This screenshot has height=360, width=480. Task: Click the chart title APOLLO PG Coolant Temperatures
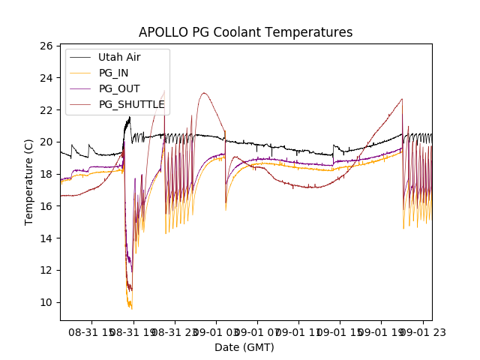click(245, 33)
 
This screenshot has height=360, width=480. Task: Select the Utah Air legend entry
click(119, 57)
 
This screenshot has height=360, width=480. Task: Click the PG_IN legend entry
click(114, 73)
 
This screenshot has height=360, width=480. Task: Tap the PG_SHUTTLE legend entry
click(131, 104)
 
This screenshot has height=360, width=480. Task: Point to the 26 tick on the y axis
click(46, 46)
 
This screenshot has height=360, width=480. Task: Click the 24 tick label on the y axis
click(46, 78)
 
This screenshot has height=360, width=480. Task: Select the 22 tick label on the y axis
click(46, 110)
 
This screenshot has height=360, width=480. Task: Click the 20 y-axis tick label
click(46, 142)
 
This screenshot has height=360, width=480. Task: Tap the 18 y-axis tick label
click(46, 174)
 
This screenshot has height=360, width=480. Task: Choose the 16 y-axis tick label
click(46, 206)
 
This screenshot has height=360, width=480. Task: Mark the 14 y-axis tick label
click(46, 238)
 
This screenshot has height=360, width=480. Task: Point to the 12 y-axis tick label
click(46, 270)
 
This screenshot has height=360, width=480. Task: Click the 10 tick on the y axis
click(46, 302)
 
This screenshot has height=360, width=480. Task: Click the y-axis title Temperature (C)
click(29, 182)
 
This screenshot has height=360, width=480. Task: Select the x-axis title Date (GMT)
click(244, 347)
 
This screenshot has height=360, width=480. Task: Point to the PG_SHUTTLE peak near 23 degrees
click(203, 93)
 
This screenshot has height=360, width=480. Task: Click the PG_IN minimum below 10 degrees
click(130, 308)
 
